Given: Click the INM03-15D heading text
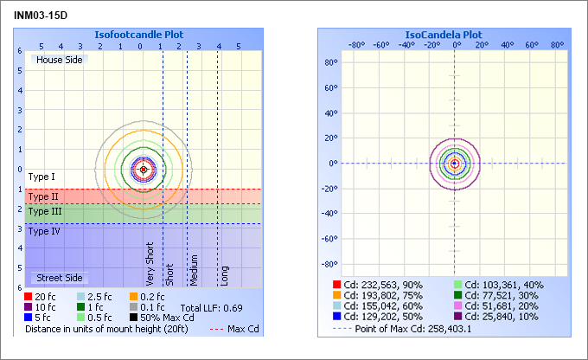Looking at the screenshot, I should click(41, 15).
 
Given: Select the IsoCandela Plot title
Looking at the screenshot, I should click(444, 35).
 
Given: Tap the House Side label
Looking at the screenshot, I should click(60, 60).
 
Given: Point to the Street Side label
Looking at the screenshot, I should click(60, 278).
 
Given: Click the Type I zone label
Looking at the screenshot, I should click(42, 177).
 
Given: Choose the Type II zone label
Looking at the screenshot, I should click(43, 197).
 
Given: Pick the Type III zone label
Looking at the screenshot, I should click(45, 211).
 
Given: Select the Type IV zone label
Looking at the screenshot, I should click(44, 231).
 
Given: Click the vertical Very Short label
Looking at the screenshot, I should click(150, 263).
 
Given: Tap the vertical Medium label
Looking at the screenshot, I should click(195, 269).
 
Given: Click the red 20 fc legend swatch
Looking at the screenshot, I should click(29, 296).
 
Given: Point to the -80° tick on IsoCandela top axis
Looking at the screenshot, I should click(356, 45).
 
